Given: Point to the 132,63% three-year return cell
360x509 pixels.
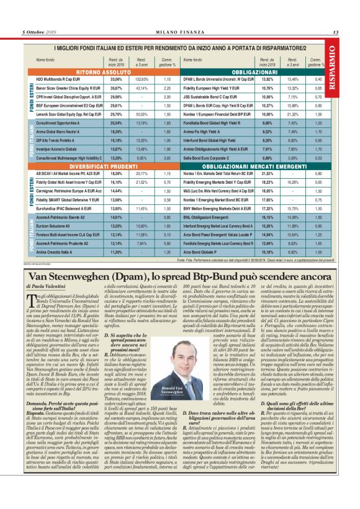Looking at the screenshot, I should click(141, 80).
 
